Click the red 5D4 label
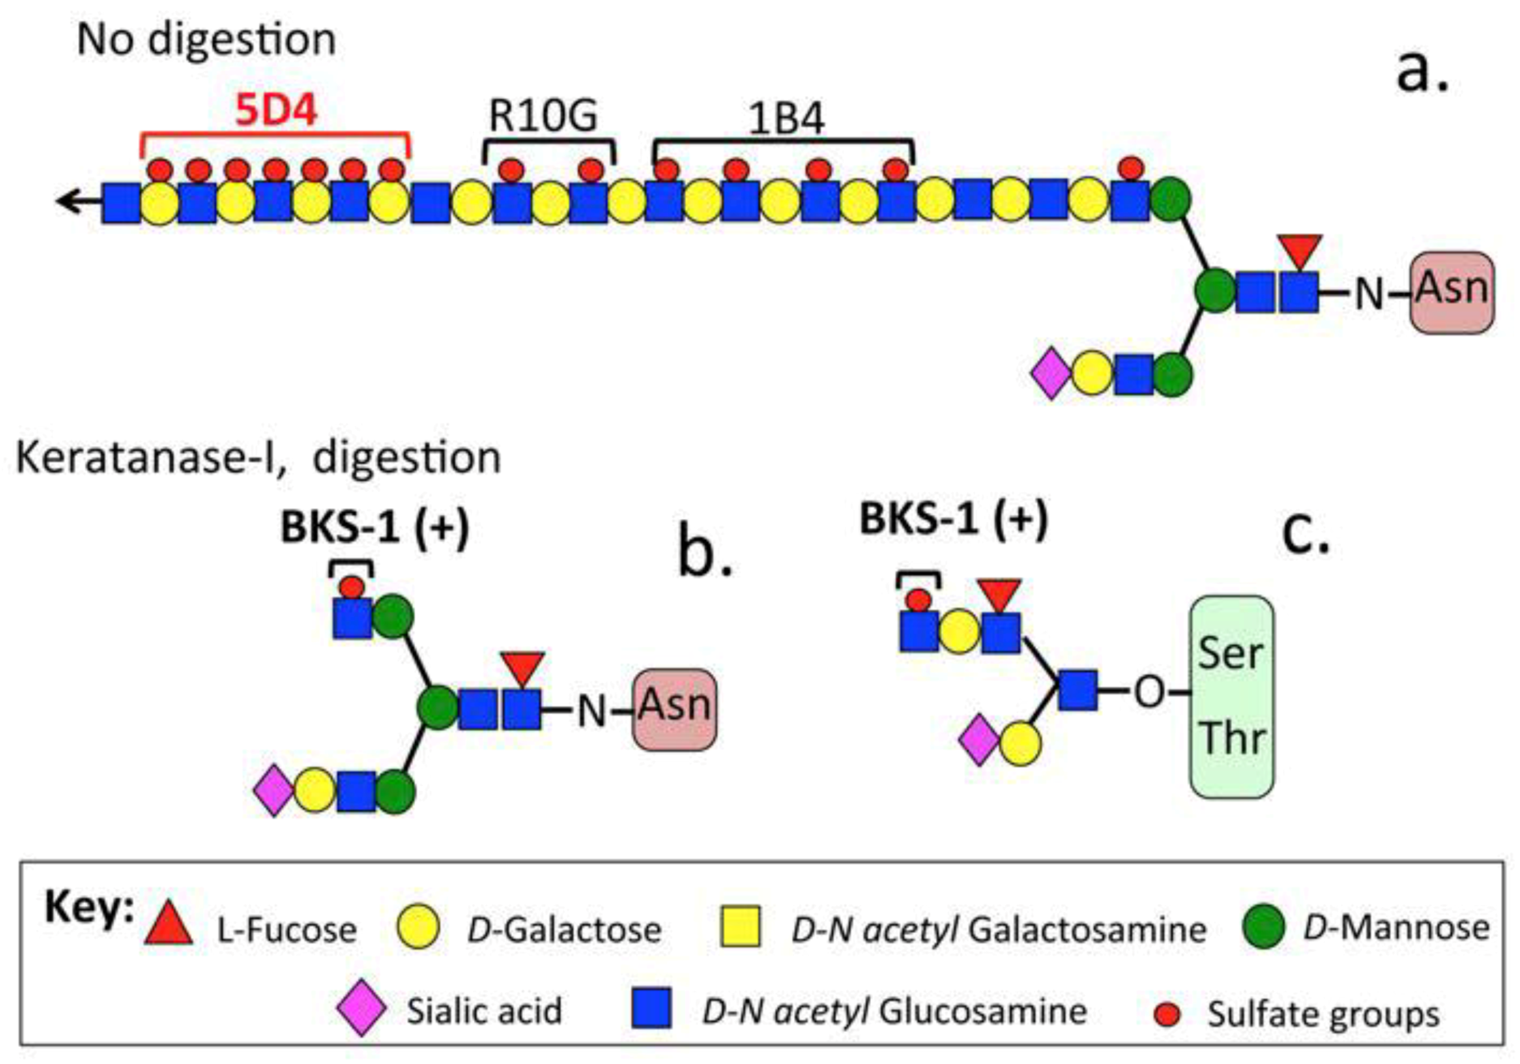(277, 111)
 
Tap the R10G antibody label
(544, 116)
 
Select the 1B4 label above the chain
(786, 121)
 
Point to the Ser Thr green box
(1232, 697)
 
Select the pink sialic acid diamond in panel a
(1051, 375)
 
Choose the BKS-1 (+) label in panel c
(954, 520)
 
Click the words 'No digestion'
(206, 40)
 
